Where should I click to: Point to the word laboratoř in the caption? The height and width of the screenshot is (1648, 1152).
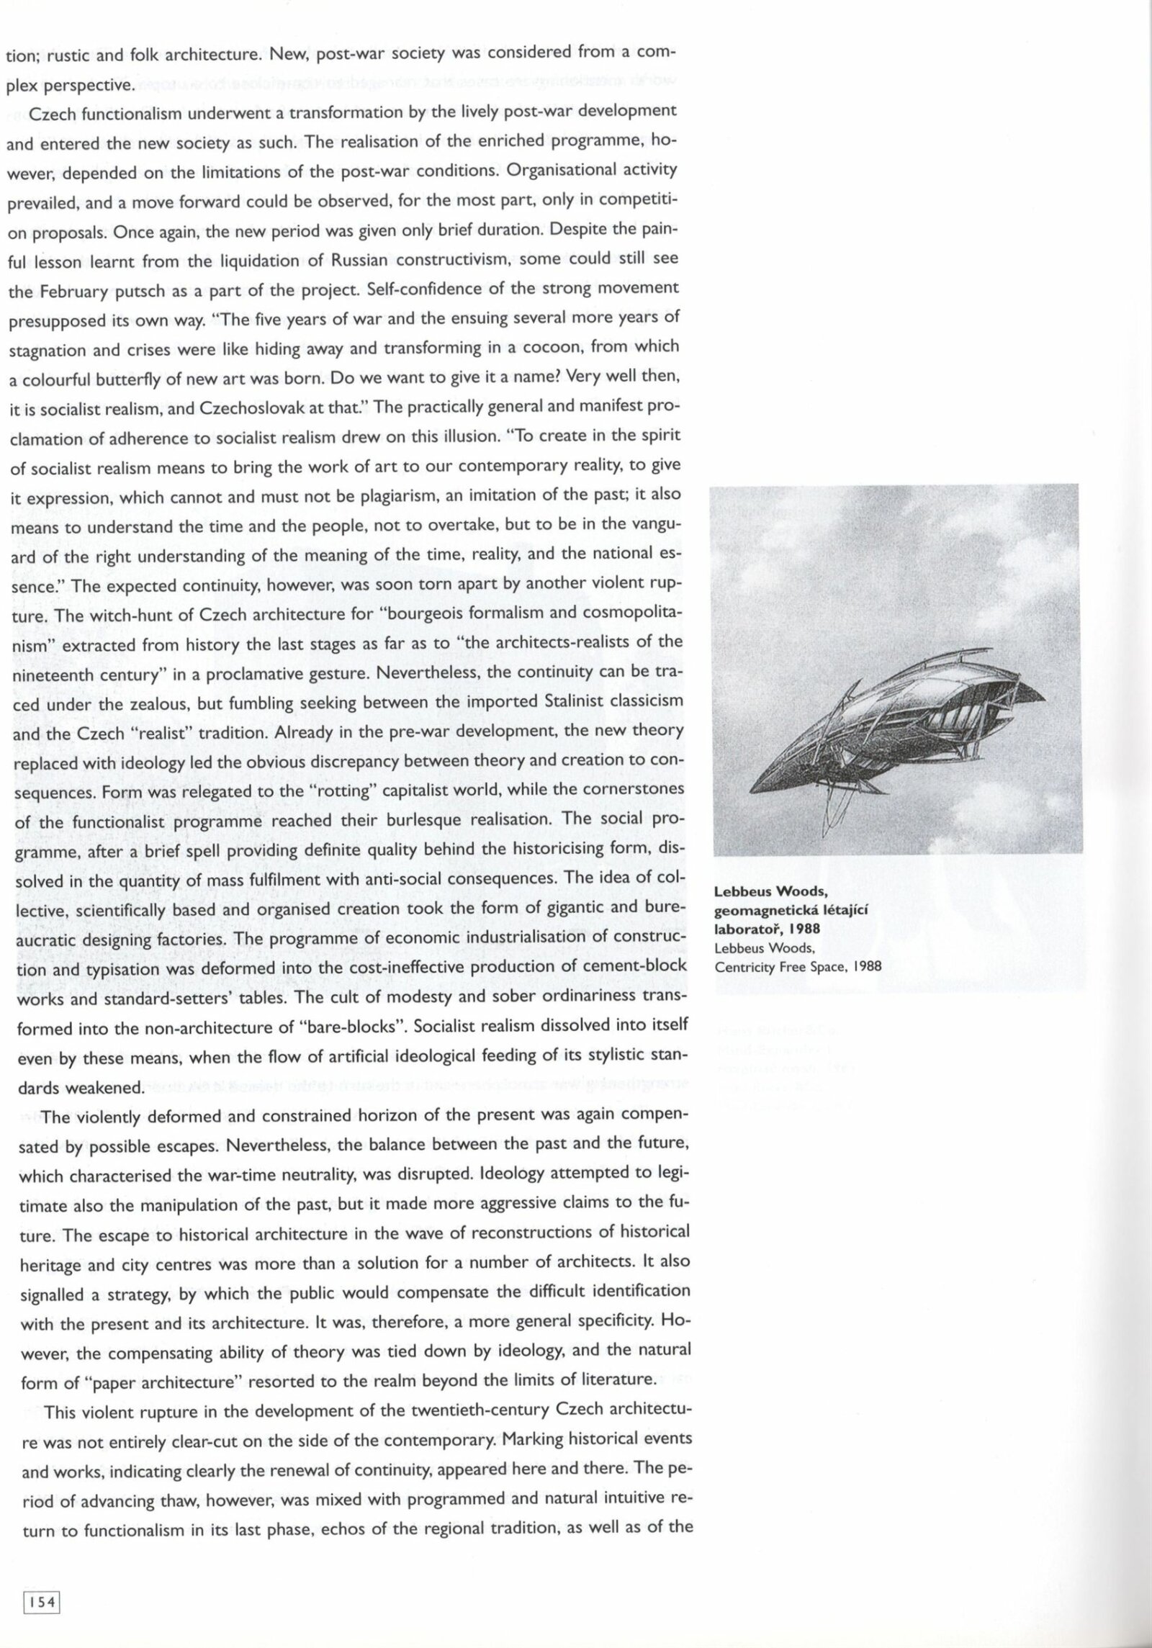pos(744,929)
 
